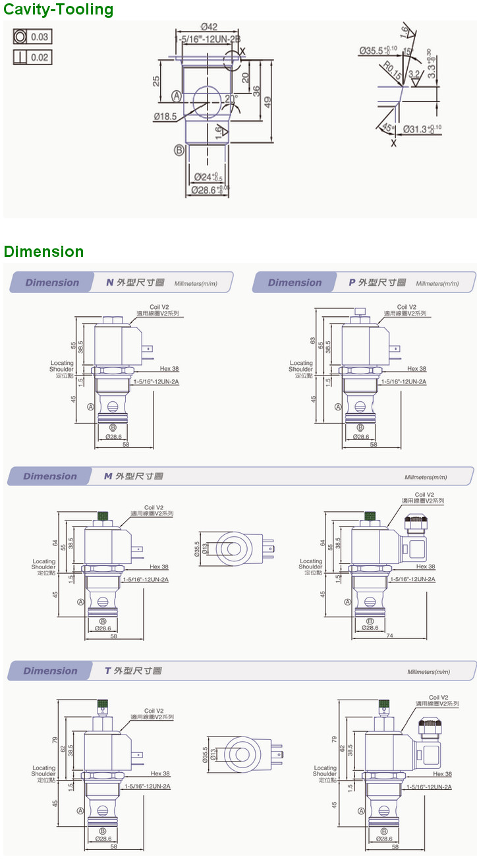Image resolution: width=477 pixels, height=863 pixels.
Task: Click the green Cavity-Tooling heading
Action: pos(59,10)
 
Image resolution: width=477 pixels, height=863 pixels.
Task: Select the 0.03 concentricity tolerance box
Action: pos(32,36)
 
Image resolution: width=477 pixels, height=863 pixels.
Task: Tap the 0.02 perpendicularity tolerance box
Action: pos(32,57)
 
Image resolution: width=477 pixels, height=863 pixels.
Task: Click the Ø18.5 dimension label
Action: pos(165,117)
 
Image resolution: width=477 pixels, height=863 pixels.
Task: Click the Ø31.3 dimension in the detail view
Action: pos(422,129)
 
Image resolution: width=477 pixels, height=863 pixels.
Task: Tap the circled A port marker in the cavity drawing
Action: pos(177,96)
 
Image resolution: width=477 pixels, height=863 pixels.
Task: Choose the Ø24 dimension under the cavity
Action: pos(208,177)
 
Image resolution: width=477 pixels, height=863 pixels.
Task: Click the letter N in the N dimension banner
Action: pos(110,283)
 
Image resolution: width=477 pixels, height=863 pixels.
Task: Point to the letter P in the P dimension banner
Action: pos(352,283)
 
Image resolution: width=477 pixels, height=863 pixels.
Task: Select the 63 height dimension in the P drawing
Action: pos(312,341)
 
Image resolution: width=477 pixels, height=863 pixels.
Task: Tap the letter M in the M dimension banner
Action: pos(108,476)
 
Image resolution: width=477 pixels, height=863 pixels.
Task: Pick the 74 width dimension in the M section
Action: pos(390,636)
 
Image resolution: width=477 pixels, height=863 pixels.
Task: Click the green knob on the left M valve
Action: pos(103,515)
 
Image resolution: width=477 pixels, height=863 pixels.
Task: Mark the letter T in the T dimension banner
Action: pos(108,671)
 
